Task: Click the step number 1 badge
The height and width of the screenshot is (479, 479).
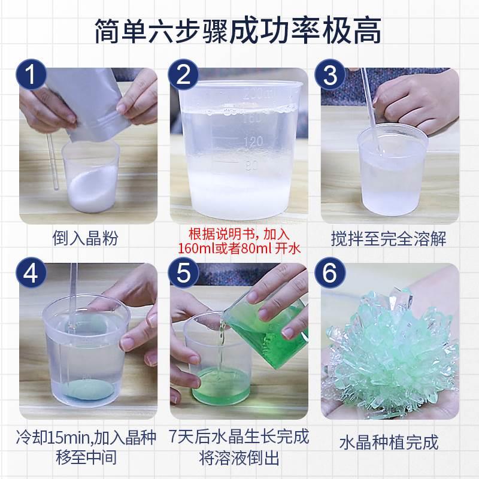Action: point(31,74)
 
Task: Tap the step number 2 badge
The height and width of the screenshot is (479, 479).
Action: point(183,74)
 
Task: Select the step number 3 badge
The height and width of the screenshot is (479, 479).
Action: point(330,74)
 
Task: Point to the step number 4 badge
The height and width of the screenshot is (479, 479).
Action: point(31,272)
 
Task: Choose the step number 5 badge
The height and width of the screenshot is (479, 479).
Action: point(183,272)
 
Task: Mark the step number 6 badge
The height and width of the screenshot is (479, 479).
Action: point(330,272)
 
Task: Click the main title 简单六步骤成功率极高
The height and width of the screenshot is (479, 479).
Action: point(238,31)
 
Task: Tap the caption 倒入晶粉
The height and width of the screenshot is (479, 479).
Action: point(85,238)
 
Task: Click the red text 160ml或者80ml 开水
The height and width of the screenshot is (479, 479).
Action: point(239,248)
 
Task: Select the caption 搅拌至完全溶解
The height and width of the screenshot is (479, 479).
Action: point(389,238)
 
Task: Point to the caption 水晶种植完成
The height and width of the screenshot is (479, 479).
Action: point(389,442)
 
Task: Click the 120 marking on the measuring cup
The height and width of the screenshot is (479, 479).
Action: point(253,141)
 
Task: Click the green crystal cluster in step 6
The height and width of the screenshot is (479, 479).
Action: point(392,351)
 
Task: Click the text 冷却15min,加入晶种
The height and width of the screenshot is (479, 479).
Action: point(86,438)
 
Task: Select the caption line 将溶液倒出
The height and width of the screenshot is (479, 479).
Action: point(239,459)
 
